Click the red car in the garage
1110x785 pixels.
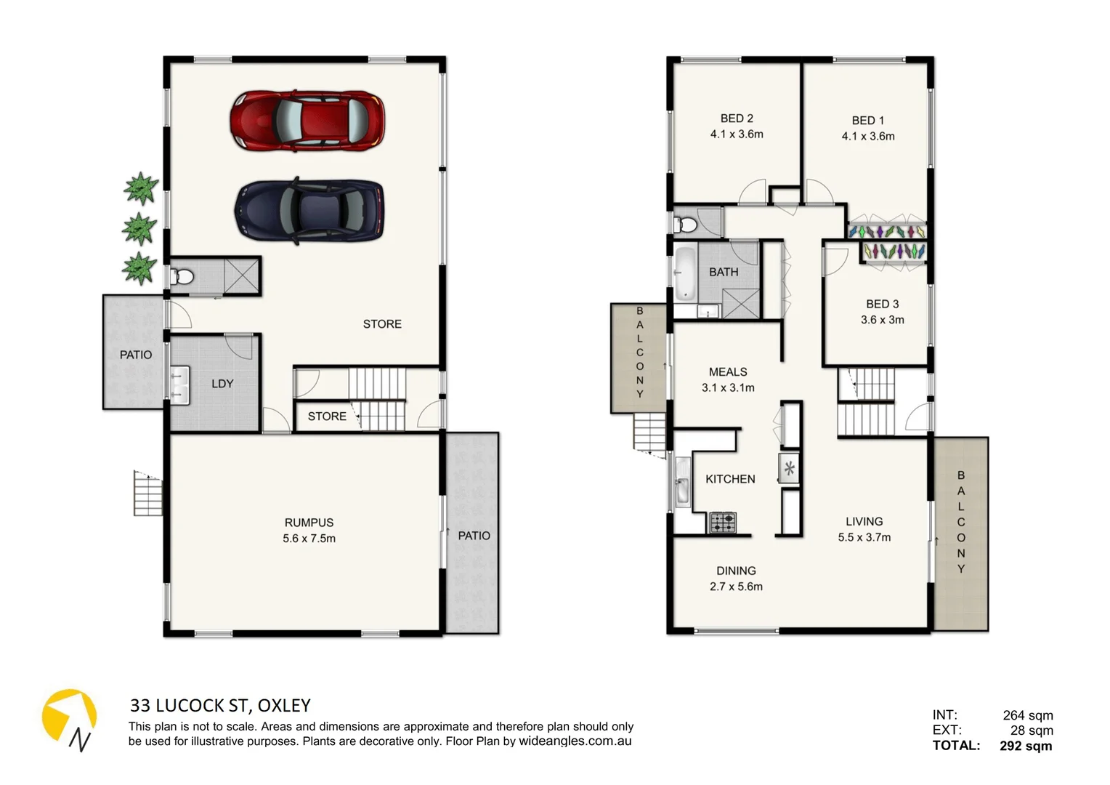(x=307, y=121)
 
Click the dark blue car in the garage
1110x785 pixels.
(x=309, y=210)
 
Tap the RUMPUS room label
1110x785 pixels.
(x=309, y=523)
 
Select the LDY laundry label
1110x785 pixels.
(x=222, y=384)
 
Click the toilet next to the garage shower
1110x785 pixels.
(x=182, y=277)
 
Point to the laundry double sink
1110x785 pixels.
(x=178, y=385)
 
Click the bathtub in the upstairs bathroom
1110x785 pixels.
(x=684, y=274)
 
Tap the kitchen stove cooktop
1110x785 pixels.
(x=722, y=523)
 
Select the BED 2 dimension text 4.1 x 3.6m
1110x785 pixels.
(x=737, y=134)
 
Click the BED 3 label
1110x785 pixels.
(x=882, y=304)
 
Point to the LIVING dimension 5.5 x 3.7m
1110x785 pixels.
(x=864, y=538)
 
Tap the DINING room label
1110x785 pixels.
(x=736, y=571)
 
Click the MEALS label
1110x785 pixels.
(x=728, y=371)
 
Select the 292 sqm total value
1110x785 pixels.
(x=1025, y=746)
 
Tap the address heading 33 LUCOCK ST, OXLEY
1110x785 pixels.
(x=220, y=705)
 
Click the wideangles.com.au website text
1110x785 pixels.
(x=575, y=741)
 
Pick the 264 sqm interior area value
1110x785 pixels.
(x=1027, y=715)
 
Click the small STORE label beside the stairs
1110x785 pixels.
(x=327, y=416)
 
